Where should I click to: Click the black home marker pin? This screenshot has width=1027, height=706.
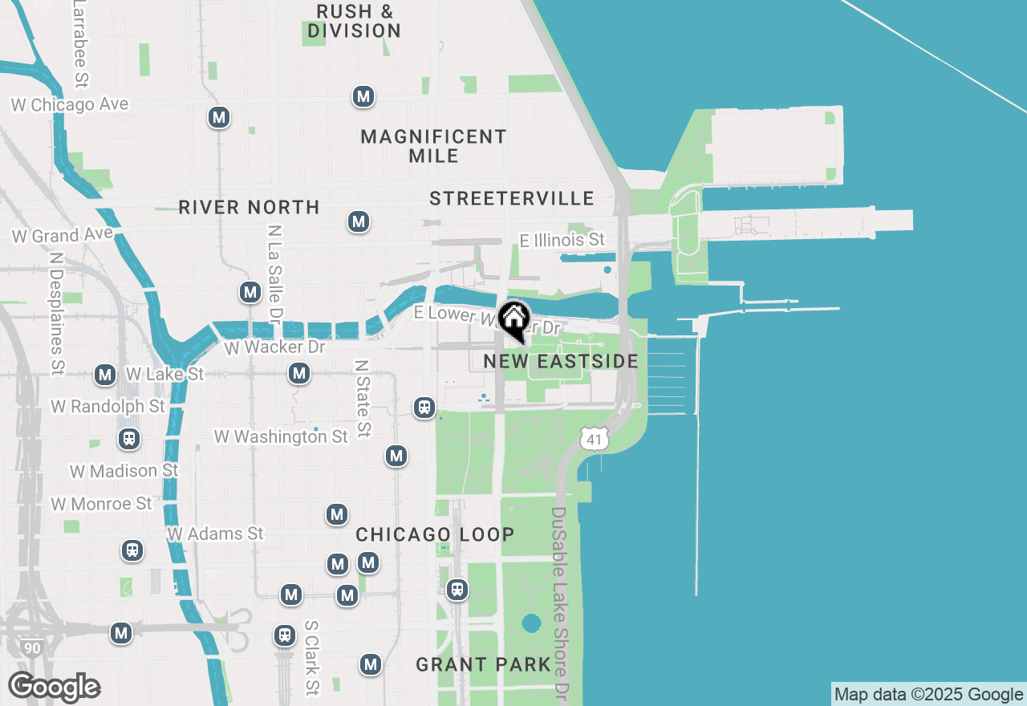513,319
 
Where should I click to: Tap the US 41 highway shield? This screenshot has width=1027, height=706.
594,438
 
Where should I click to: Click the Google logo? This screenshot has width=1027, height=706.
54,688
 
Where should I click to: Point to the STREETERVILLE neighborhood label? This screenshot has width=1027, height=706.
512,198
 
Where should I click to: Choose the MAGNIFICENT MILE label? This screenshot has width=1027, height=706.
433,146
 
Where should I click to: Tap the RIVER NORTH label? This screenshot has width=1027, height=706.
249,207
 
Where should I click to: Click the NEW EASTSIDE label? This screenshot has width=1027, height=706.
561,361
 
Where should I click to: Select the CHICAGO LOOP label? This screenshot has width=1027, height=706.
435,534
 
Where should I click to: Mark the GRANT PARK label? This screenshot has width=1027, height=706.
484,664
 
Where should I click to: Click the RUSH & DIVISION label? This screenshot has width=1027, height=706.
354,22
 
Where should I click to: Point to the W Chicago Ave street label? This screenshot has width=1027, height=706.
70,105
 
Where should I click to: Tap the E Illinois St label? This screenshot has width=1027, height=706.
562,240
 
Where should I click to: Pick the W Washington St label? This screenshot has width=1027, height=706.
281,436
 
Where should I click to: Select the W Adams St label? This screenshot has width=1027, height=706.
215,534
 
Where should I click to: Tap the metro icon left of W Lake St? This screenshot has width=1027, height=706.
105,375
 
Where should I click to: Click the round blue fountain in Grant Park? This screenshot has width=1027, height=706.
530,623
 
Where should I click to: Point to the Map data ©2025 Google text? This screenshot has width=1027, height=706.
928,695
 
